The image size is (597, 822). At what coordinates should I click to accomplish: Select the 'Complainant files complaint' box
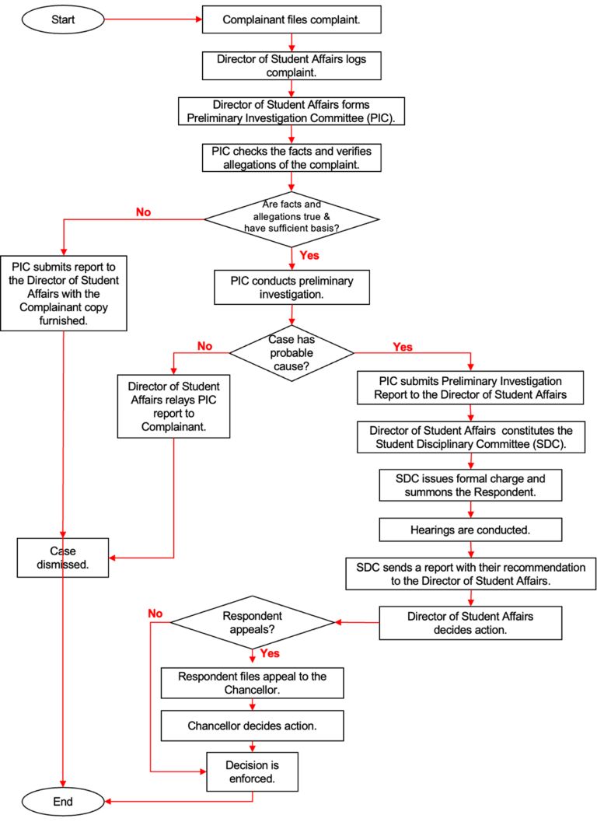[x=292, y=19]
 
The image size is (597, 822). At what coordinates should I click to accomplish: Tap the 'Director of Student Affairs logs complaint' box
[x=292, y=65]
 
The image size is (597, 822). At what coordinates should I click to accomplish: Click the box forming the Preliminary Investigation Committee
[x=292, y=111]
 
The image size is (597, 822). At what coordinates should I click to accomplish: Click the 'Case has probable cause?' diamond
[x=292, y=347]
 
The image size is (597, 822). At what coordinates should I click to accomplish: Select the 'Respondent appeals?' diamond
[x=253, y=621]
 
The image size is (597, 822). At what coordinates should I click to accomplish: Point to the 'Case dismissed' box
[x=64, y=558]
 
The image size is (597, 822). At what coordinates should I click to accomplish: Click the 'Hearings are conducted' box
[x=470, y=530]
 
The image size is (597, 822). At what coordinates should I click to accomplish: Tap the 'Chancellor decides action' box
[x=253, y=726]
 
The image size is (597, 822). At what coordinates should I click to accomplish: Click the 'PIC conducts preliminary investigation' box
[x=292, y=287]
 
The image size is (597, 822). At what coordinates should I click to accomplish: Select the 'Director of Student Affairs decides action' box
[x=470, y=623]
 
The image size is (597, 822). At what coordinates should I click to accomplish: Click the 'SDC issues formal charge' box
[x=470, y=485]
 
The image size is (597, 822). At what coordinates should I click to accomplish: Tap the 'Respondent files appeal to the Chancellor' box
[x=253, y=683]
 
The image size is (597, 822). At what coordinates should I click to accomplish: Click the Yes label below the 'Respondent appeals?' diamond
[x=271, y=655]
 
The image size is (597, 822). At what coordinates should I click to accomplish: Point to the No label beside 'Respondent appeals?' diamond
[x=155, y=614]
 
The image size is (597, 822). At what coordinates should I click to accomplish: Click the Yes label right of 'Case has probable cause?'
[x=403, y=347]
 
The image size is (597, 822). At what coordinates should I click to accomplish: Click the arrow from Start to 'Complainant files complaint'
[x=152, y=19]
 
